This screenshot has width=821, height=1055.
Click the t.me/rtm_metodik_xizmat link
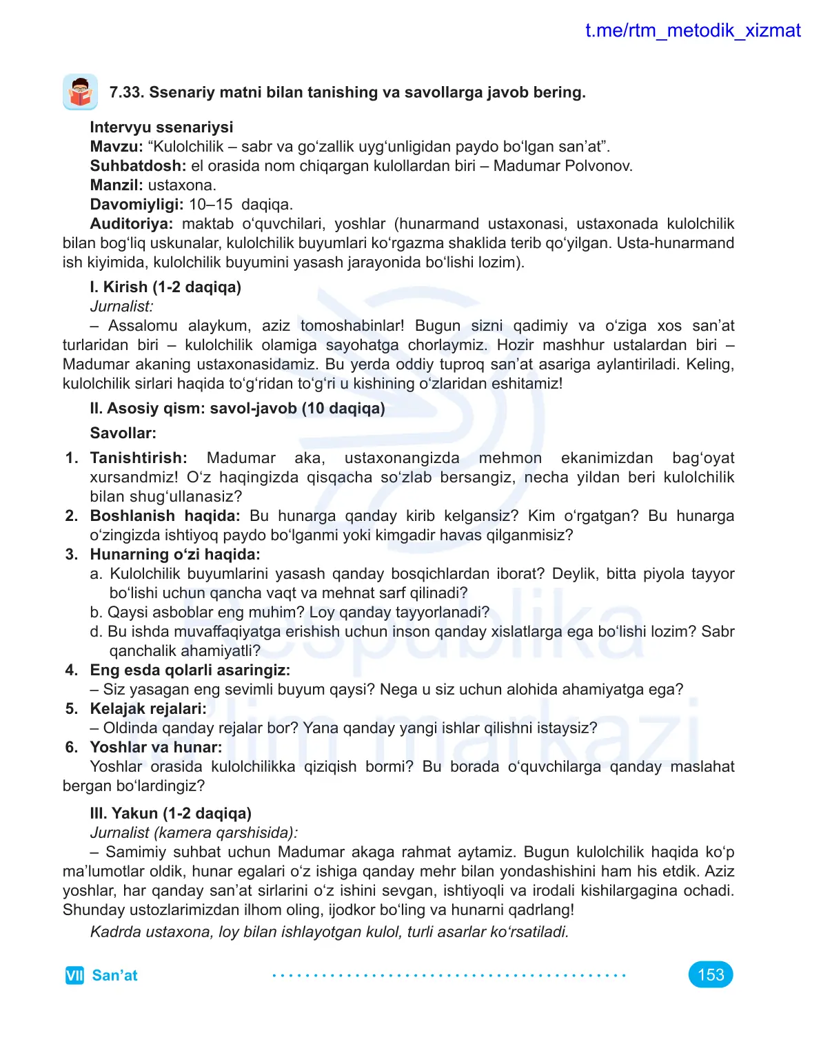(x=692, y=31)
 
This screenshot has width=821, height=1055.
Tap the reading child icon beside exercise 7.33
(x=80, y=92)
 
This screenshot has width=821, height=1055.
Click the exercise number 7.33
(x=126, y=92)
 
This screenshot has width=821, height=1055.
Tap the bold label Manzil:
(x=116, y=185)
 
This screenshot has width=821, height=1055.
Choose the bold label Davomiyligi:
(x=136, y=204)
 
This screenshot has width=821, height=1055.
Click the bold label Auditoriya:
(x=131, y=223)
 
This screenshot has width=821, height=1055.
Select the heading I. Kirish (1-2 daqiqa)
(x=165, y=287)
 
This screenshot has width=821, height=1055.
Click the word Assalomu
(x=143, y=325)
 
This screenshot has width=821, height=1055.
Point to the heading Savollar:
(x=123, y=433)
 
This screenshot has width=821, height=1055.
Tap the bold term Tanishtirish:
(x=139, y=458)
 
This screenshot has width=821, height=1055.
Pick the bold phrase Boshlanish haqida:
(x=165, y=515)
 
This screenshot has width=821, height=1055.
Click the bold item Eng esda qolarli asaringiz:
(x=190, y=670)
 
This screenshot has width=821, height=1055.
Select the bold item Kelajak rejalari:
(x=148, y=708)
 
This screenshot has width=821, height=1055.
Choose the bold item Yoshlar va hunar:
(x=156, y=747)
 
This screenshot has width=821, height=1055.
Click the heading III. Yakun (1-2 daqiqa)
(x=170, y=813)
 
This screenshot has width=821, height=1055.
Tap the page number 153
(x=710, y=974)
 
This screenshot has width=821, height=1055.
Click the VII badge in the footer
(x=74, y=975)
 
